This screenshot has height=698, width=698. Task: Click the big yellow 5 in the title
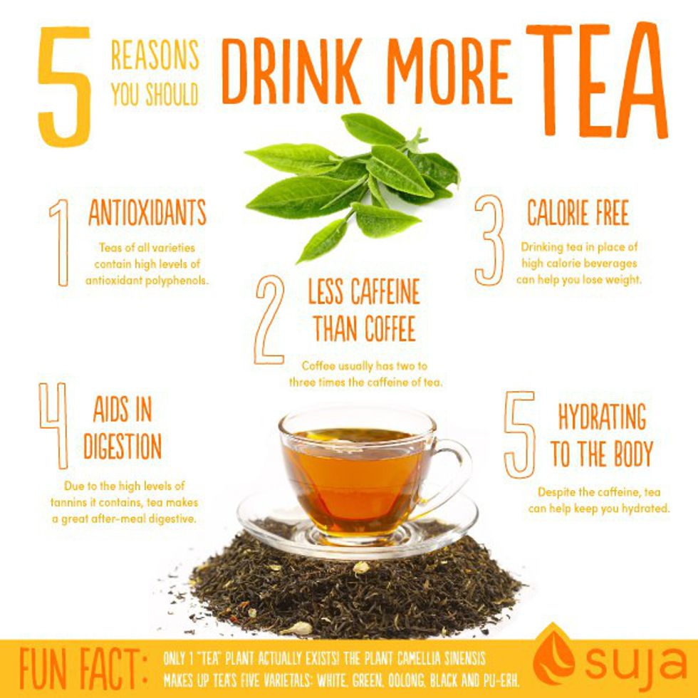65,87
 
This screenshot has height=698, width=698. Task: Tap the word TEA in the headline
597,80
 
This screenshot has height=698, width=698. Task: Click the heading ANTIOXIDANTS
147,212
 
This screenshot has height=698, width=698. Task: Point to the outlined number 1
63,243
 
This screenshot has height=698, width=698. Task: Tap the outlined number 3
490,241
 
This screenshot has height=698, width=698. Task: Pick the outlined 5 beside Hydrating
519,434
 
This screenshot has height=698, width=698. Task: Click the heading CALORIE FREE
578,212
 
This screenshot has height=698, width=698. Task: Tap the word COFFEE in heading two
390,328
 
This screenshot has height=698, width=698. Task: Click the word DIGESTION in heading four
123,446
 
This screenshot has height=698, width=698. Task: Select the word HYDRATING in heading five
602,417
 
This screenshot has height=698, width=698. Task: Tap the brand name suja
635,663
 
